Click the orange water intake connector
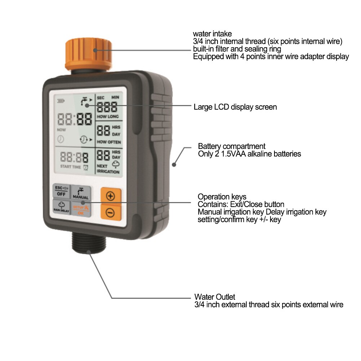tap(88, 55)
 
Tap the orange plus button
tap(111, 196)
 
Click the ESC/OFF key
tap(61, 191)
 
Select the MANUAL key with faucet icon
tap(80, 193)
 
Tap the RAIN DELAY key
tap(61, 207)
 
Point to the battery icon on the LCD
tap(61, 101)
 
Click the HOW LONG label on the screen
tap(108, 116)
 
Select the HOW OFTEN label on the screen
tap(109, 142)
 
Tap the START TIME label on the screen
tap(70, 167)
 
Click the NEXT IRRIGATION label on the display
tap(108, 169)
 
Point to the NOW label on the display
tap(61, 130)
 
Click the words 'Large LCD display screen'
tap(235, 107)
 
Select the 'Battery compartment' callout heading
tap(232, 146)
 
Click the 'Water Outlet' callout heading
tap(215, 297)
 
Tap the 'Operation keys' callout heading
tap(222, 197)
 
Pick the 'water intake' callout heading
tap(212, 34)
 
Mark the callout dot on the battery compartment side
tap(174, 164)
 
